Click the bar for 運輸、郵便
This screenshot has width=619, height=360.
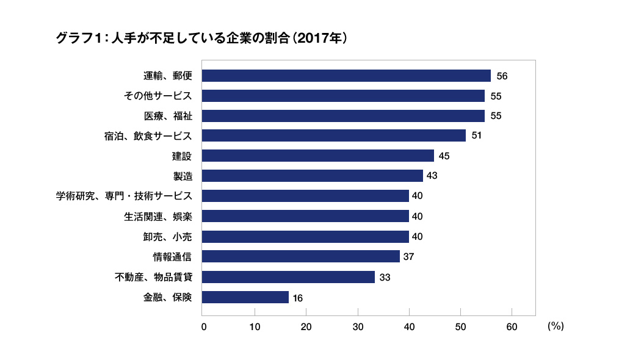[x=346, y=76]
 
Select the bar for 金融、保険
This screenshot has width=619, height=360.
[x=245, y=297]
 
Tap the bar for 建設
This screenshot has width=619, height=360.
[x=317, y=156]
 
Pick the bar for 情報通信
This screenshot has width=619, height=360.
[x=300, y=256]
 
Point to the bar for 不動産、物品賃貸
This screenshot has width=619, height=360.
[x=288, y=277]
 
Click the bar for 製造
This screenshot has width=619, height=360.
[x=312, y=176]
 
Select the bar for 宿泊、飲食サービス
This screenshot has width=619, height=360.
[x=333, y=135]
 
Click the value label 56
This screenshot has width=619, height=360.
[x=502, y=76]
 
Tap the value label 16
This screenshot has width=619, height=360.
[x=297, y=298]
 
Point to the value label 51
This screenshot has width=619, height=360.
[x=477, y=135]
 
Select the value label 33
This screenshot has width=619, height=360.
[x=385, y=277]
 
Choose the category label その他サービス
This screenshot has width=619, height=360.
[x=157, y=96]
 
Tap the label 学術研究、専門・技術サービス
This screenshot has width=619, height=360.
[x=124, y=196]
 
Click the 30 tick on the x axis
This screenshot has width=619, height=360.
[x=358, y=326]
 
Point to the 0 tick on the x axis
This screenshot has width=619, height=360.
[x=204, y=326]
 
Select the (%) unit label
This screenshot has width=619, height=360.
[x=556, y=326]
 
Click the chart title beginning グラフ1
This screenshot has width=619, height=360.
[x=201, y=38]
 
